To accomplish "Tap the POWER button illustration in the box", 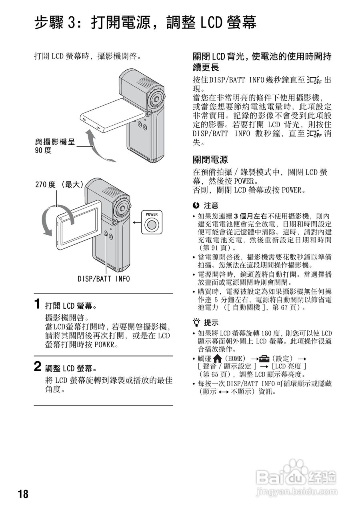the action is (x=151, y=225).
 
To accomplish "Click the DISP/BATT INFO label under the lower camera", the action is (x=104, y=279).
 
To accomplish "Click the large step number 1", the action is (x=37, y=304).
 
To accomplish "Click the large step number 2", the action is (x=37, y=366).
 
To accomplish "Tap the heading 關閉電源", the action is (x=210, y=160).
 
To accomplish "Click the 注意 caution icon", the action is (x=196, y=206).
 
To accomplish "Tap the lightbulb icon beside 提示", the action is (x=196, y=322).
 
